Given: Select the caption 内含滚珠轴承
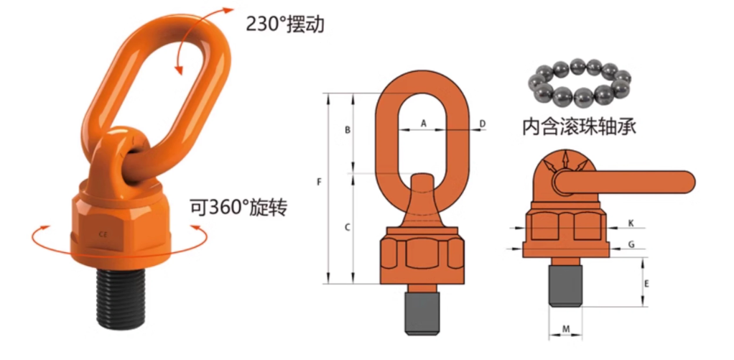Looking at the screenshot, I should point(580,126).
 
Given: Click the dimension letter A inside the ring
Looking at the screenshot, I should point(423,124).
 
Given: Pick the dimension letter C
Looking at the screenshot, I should point(347,228).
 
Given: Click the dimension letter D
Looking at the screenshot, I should point(483,124).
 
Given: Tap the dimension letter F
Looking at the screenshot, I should point(318,183).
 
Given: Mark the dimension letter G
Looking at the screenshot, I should point(631,244).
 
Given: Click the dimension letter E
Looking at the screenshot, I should point(646,284).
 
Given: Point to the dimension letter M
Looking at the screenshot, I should point(566,329).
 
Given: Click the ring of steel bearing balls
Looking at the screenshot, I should point(577,81).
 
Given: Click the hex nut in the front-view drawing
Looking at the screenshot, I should point(422,254).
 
